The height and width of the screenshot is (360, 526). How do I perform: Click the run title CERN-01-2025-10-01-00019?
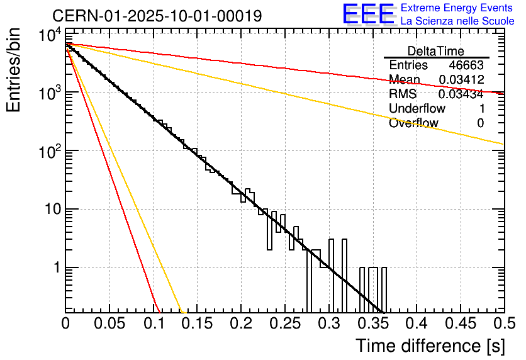pos(157,16)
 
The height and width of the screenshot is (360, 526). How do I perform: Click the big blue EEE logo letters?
pos(368,15)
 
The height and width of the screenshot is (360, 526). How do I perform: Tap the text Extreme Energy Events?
pos(457,8)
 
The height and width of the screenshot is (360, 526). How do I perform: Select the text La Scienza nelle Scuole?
pos(457,21)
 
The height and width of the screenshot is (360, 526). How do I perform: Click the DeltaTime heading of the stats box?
pos(436,51)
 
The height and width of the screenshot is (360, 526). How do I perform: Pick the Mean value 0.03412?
pos(461,80)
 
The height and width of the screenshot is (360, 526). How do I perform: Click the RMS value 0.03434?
pos(461,94)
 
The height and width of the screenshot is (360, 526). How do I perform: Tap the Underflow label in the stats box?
pos(417,109)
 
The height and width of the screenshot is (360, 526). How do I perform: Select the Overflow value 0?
pos(480,123)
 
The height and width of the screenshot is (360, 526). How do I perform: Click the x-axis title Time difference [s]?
pos(429,346)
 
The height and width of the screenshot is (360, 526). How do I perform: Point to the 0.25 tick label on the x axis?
pos(284,325)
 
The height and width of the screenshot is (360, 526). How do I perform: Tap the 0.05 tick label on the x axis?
pos(109,325)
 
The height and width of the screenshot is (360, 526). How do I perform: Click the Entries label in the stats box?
pos(408,65)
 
